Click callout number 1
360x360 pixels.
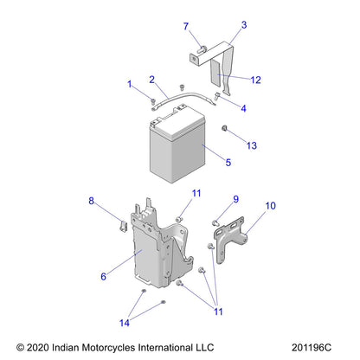(130, 84)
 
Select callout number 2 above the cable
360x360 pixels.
(151, 79)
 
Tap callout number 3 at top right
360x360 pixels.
(243, 25)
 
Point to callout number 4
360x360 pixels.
(243, 109)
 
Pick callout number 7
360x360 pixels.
(185, 27)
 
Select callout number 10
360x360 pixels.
(271, 206)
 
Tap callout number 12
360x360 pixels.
(255, 80)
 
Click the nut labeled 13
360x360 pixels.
(225, 130)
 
